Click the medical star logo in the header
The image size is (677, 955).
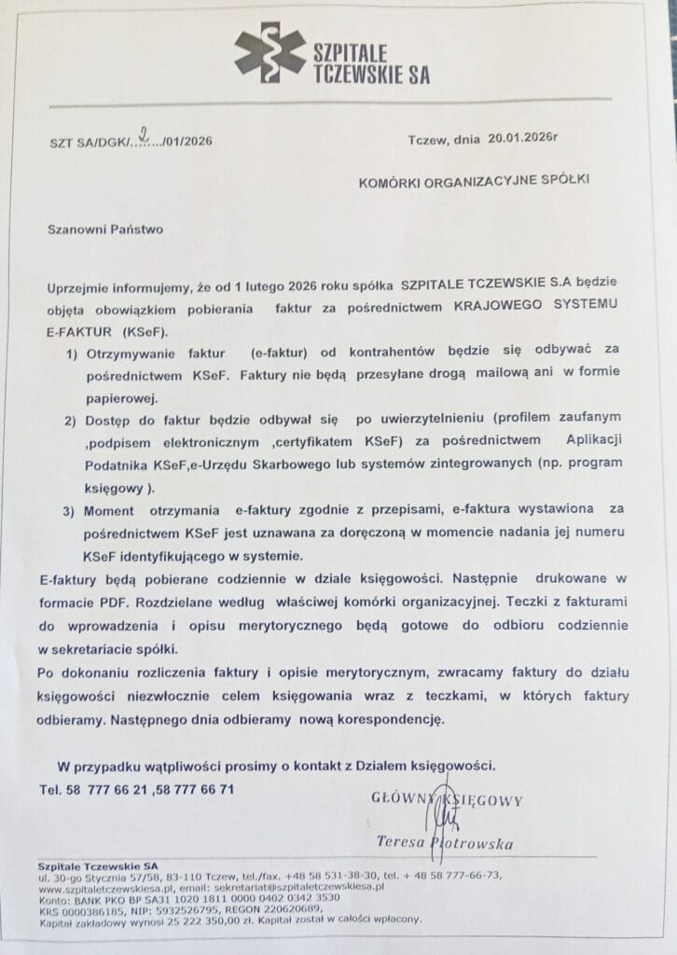tap(269, 52)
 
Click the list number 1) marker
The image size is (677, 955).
tap(72, 354)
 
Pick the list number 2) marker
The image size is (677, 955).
tap(72, 421)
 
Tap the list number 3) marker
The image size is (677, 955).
tap(71, 512)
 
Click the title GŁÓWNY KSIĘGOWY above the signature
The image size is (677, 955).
tap(447, 799)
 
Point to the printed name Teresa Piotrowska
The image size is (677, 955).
tap(445, 843)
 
